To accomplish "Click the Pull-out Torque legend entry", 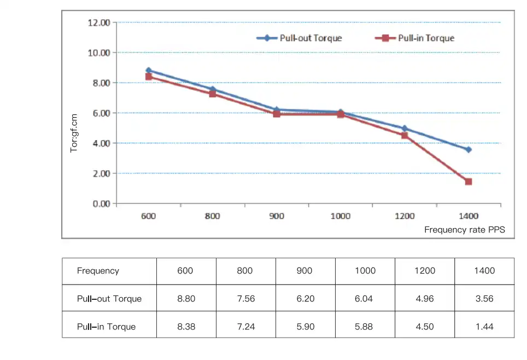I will click(300, 38).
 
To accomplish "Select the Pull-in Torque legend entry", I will click(415, 38).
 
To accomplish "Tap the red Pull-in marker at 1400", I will click(469, 182).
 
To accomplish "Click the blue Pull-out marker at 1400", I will click(469, 149).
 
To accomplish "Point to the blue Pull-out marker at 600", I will click(148, 71).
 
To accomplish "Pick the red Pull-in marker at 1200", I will click(405, 135).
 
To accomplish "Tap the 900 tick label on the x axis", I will click(277, 216).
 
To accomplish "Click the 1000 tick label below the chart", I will click(340, 216).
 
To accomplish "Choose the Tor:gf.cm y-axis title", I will click(74, 133).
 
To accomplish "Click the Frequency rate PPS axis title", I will click(465, 230).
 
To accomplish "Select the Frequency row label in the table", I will click(98, 271).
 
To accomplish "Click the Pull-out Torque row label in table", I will click(109, 299).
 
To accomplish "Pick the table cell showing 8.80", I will click(186, 299).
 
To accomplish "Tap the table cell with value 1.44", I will click(484, 327).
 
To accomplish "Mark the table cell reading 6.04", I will click(365, 299).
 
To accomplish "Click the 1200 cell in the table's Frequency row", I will click(425, 271).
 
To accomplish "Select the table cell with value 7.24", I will click(245, 327).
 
